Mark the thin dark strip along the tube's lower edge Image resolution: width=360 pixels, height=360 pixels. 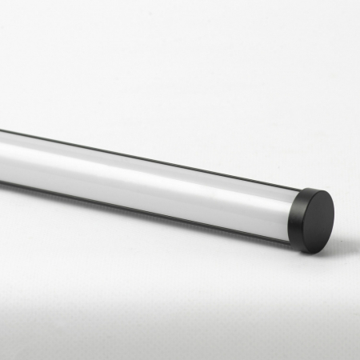point(160,209)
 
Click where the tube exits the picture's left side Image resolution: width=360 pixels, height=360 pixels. point(2,156)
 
